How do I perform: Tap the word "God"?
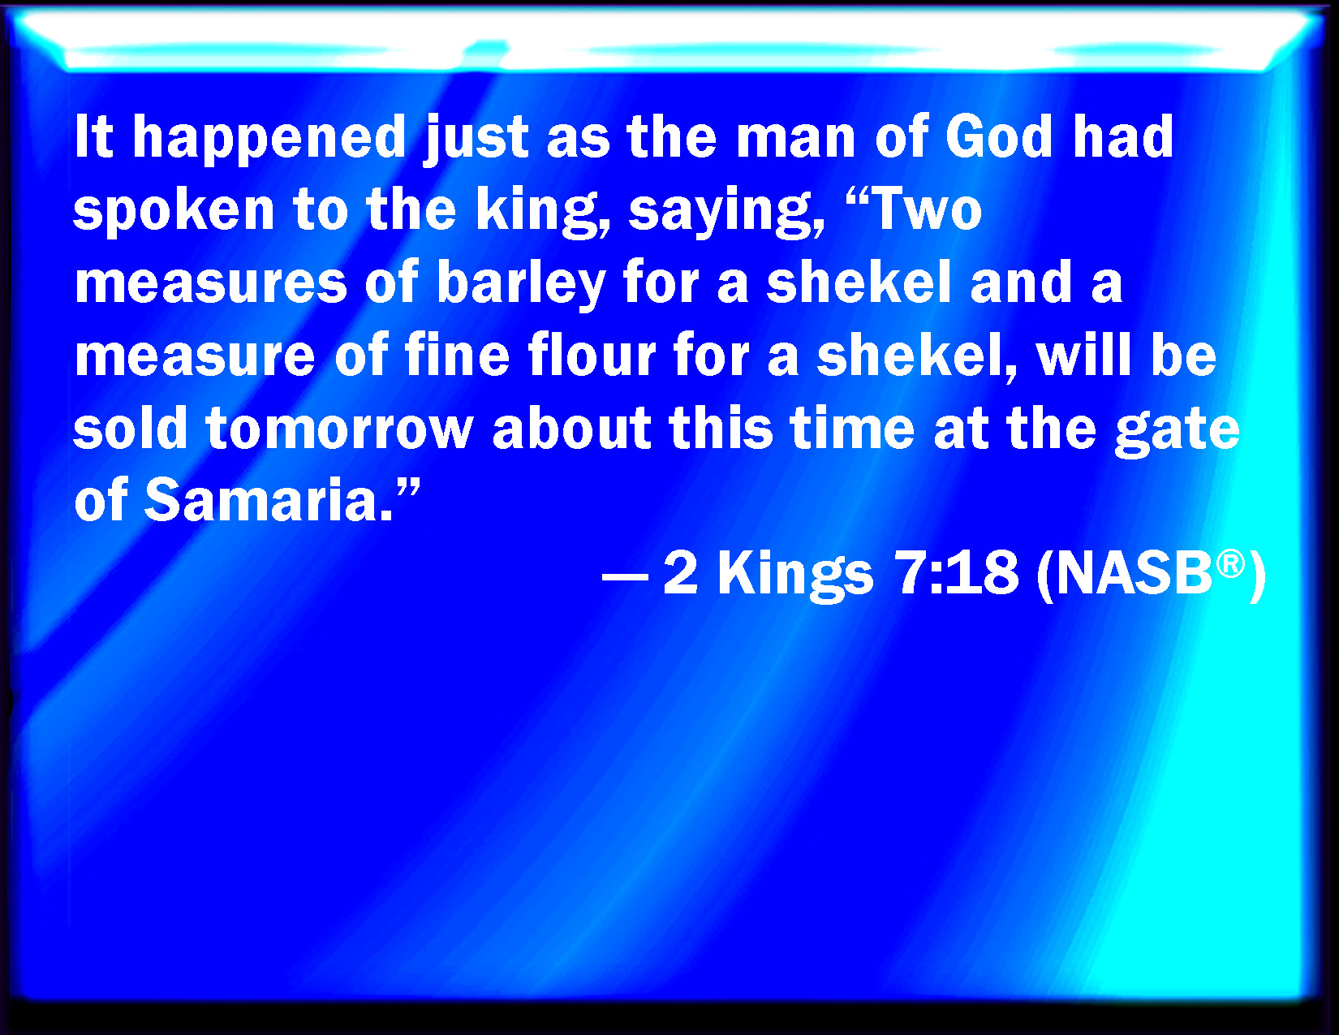click(998, 136)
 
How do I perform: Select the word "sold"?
click(130, 427)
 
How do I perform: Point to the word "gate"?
click(1177, 431)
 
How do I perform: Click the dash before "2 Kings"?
click(625, 577)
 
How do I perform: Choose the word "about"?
click(571, 427)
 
